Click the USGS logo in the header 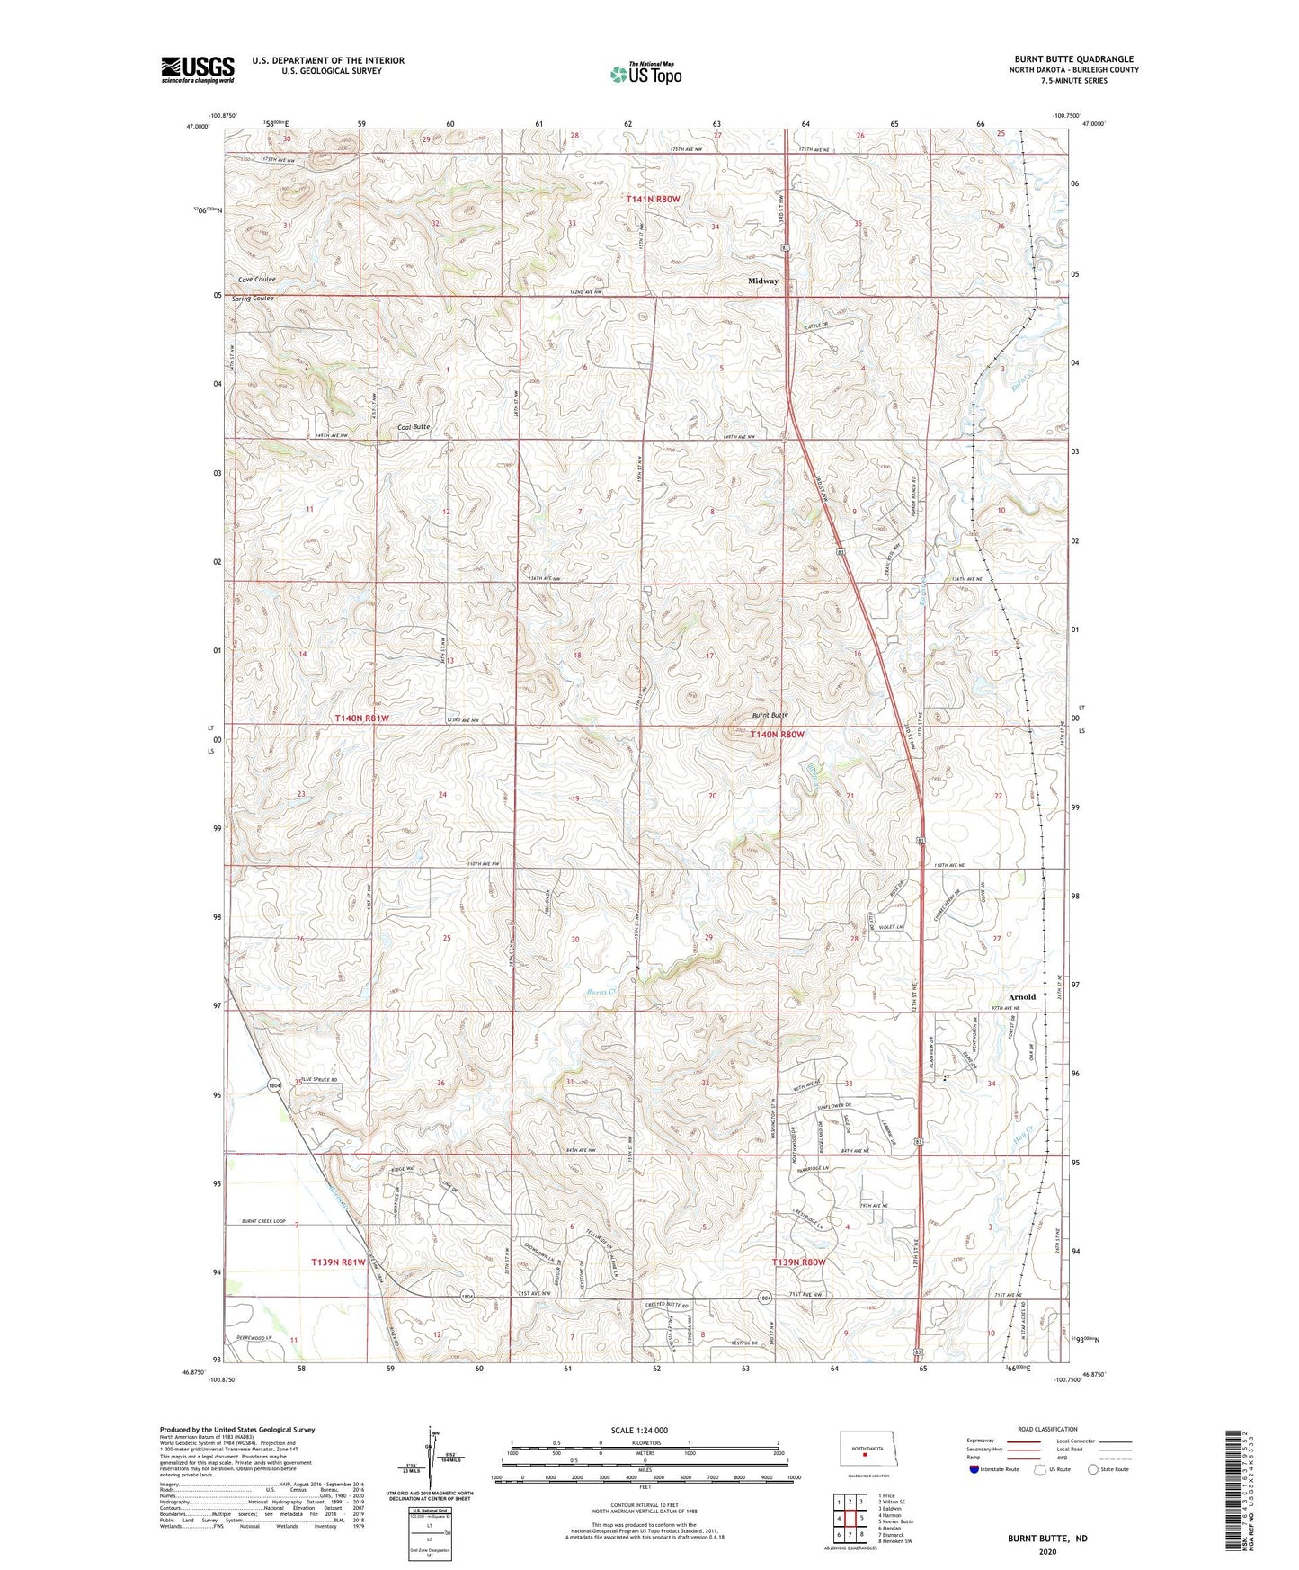197,69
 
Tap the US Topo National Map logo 645,74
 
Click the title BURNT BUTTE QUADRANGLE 1073,59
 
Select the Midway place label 763,281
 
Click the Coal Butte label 414,427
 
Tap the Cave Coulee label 253,280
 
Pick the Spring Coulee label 253,299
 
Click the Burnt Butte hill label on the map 770,716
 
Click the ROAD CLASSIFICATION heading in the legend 1047,1429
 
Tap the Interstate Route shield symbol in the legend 975,1469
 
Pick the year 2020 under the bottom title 1046,1551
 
